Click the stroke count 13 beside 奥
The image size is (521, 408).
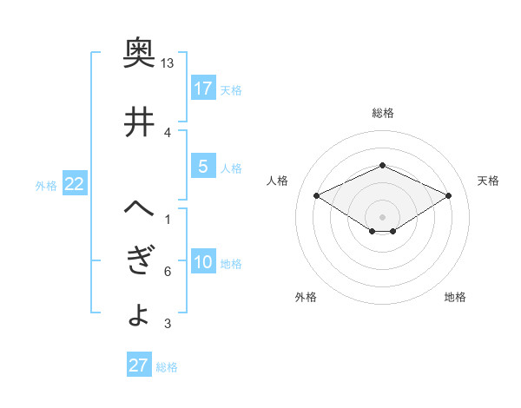pyautogui.click(x=168, y=63)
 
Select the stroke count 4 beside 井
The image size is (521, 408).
pyautogui.click(x=168, y=132)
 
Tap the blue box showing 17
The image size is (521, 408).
pyautogui.click(x=203, y=88)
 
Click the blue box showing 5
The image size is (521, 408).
pyautogui.click(x=203, y=168)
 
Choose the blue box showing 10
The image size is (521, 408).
pyautogui.click(x=203, y=263)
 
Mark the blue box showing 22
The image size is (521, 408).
pyautogui.click(x=75, y=184)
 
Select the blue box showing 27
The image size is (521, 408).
pyautogui.click(x=139, y=365)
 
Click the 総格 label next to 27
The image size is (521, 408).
pyautogui.click(x=167, y=367)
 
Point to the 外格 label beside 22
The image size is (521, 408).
pyautogui.click(x=46, y=186)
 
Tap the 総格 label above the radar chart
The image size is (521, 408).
pyautogui.click(x=382, y=113)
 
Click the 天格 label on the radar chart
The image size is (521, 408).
pyautogui.click(x=488, y=181)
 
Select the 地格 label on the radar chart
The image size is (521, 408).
pyautogui.click(x=455, y=297)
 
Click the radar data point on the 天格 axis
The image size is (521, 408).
pyautogui.click(x=449, y=195)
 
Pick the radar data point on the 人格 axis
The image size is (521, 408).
pyautogui.click(x=316, y=195)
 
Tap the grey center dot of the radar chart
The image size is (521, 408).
pyautogui.click(x=382, y=216)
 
